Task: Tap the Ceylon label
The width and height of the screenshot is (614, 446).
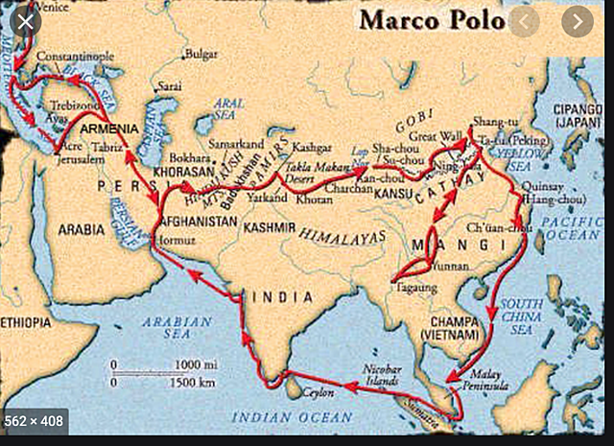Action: click(318, 393)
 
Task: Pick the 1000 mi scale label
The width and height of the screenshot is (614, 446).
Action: click(197, 364)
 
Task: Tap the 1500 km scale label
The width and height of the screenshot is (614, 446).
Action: click(198, 382)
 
